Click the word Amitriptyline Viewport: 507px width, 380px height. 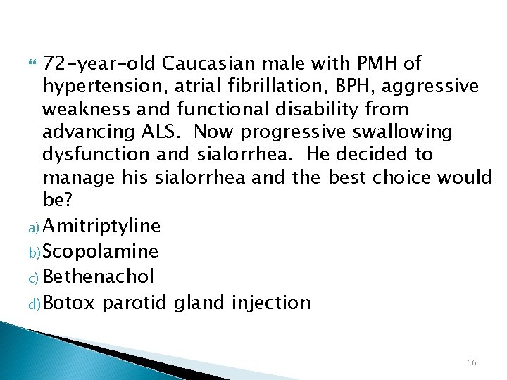coord(102,226)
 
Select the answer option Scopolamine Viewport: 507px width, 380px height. coord(100,251)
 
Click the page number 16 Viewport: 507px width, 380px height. coord(471,362)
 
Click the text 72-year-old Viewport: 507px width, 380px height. coord(99,63)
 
